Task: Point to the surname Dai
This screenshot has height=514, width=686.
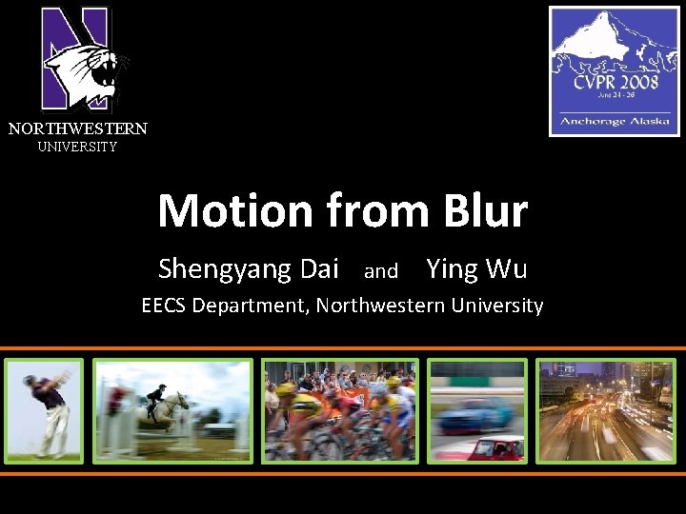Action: (x=319, y=268)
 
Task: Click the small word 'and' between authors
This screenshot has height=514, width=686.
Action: (x=381, y=271)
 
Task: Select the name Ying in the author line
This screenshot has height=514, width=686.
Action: (x=452, y=269)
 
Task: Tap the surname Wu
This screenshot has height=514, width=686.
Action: (x=506, y=269)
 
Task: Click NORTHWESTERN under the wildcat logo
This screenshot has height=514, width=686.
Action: (x=78, y=128)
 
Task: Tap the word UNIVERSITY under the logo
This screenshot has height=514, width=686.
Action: (x=77, y=147)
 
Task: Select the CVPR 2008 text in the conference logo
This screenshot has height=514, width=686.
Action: (x=615, y=84)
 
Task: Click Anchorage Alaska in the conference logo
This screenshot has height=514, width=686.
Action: (x=615, y=122)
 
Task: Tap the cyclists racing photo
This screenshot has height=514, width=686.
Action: (x=340, y=410)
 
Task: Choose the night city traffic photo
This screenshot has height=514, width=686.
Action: (x=605, y=410)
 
